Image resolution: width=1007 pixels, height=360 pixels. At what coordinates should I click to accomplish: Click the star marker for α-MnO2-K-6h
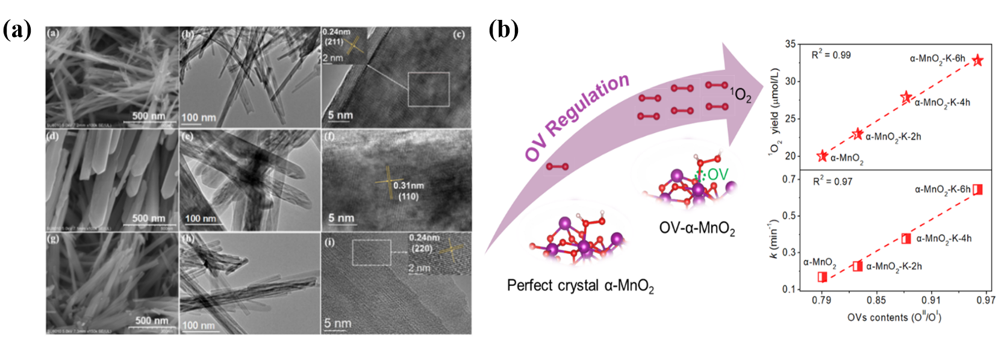point(977,60)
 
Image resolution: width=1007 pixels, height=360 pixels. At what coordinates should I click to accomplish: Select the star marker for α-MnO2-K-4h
point(906,98)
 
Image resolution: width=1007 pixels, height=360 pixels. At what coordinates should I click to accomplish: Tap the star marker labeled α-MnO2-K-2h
point(858,134)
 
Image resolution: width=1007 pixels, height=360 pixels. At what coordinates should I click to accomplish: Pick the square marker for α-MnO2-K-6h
point(977,190)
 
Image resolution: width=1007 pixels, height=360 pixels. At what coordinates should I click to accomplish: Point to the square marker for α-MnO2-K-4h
point(906,238)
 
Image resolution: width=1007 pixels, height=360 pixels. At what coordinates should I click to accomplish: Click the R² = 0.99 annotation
point(831,55)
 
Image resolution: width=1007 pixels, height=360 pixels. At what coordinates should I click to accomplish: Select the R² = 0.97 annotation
point(832,181)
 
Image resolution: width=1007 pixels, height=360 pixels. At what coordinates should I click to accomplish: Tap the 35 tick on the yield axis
point(790,44)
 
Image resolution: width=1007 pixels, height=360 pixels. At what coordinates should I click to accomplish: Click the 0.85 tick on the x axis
point(876,300)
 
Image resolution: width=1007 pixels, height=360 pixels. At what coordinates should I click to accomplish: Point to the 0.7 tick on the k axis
point(789,179)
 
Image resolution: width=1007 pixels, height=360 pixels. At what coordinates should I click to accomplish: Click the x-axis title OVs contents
point(894,317)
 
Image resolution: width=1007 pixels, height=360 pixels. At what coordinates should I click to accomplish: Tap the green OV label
point(717,175)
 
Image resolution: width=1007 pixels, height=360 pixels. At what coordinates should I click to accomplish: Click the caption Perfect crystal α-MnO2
point(580,285)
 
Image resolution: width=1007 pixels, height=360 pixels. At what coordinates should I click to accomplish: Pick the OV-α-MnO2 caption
point(697,228)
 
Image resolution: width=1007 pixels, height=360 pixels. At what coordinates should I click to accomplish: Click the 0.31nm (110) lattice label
point(408,191)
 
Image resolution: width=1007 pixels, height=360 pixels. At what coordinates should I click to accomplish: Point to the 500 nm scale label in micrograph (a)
point(148,116)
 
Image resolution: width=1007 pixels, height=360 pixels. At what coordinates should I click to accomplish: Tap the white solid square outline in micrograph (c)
point(428,89)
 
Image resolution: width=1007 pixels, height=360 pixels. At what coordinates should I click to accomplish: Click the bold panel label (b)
point(503,29)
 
